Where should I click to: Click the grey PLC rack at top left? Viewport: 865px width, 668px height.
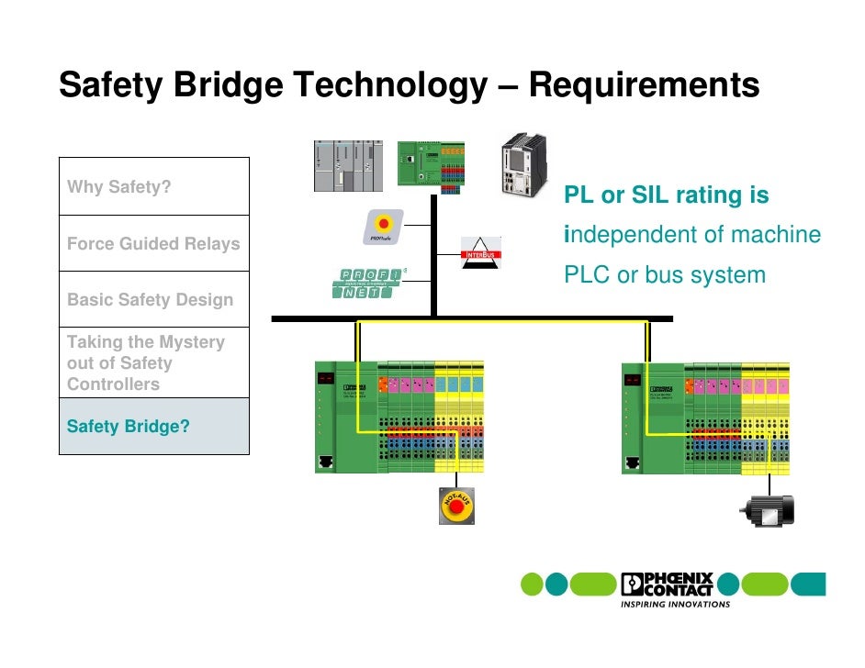click(348, 166)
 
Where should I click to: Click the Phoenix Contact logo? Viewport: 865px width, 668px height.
click(667, 584)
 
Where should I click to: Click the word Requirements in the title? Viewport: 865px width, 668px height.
click(645, 85)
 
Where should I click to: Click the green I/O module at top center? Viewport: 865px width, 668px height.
click(431, 165)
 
